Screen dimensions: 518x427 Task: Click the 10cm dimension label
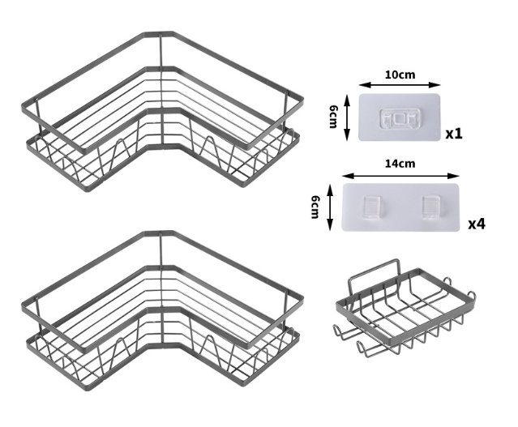tap(400, 75)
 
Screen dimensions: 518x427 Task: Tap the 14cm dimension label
tap(400, 164)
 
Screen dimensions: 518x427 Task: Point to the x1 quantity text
tap(454, 134)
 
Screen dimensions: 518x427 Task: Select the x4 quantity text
tap(477, 224)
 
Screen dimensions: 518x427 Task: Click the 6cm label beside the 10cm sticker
tap(333, 117)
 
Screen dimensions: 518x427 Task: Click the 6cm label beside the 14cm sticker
tap(315, 207)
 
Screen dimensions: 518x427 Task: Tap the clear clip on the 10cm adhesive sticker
tap(399, 118)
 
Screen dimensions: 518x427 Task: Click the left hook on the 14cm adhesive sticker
tap(372, 207)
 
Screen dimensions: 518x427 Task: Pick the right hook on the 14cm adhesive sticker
tap(431, 207)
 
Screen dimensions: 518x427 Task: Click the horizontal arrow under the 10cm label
tap(400, 85)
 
